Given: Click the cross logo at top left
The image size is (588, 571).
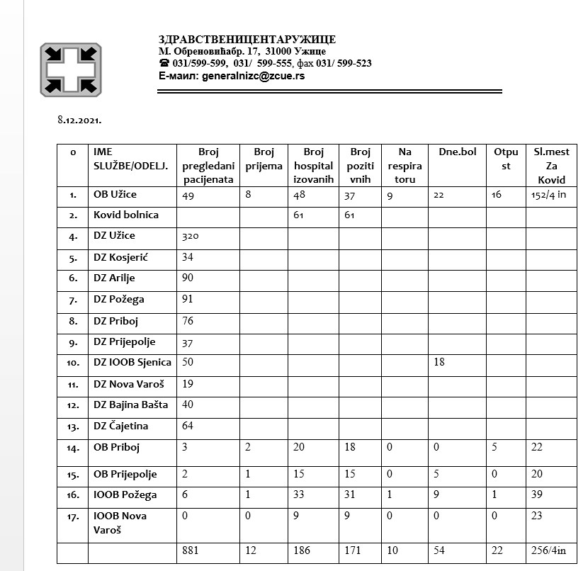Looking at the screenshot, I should coord(70,69).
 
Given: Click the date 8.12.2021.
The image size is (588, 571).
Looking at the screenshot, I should coord(79,120).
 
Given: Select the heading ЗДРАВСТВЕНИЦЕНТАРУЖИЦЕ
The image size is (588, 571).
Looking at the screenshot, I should coord(247,40).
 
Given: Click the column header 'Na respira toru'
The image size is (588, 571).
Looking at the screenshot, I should coord(405,165).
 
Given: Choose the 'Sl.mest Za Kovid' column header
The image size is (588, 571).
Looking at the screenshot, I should coord(551,165).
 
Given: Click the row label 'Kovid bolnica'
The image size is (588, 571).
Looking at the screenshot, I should coord(126,215).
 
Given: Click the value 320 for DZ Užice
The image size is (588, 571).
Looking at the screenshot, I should coord(191,236).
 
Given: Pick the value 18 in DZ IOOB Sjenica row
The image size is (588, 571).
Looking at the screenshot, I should coord(439,362).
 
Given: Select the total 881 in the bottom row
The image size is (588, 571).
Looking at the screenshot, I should coord(191,550).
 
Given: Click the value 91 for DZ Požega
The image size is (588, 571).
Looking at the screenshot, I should coord(188,299).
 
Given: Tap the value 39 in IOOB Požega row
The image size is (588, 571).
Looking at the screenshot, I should coord(537,494).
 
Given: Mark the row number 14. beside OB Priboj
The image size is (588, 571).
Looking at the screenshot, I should coord(73,448).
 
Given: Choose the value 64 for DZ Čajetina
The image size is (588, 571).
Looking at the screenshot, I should coord(188,426).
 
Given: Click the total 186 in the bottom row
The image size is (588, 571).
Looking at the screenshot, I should coord(302,550).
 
